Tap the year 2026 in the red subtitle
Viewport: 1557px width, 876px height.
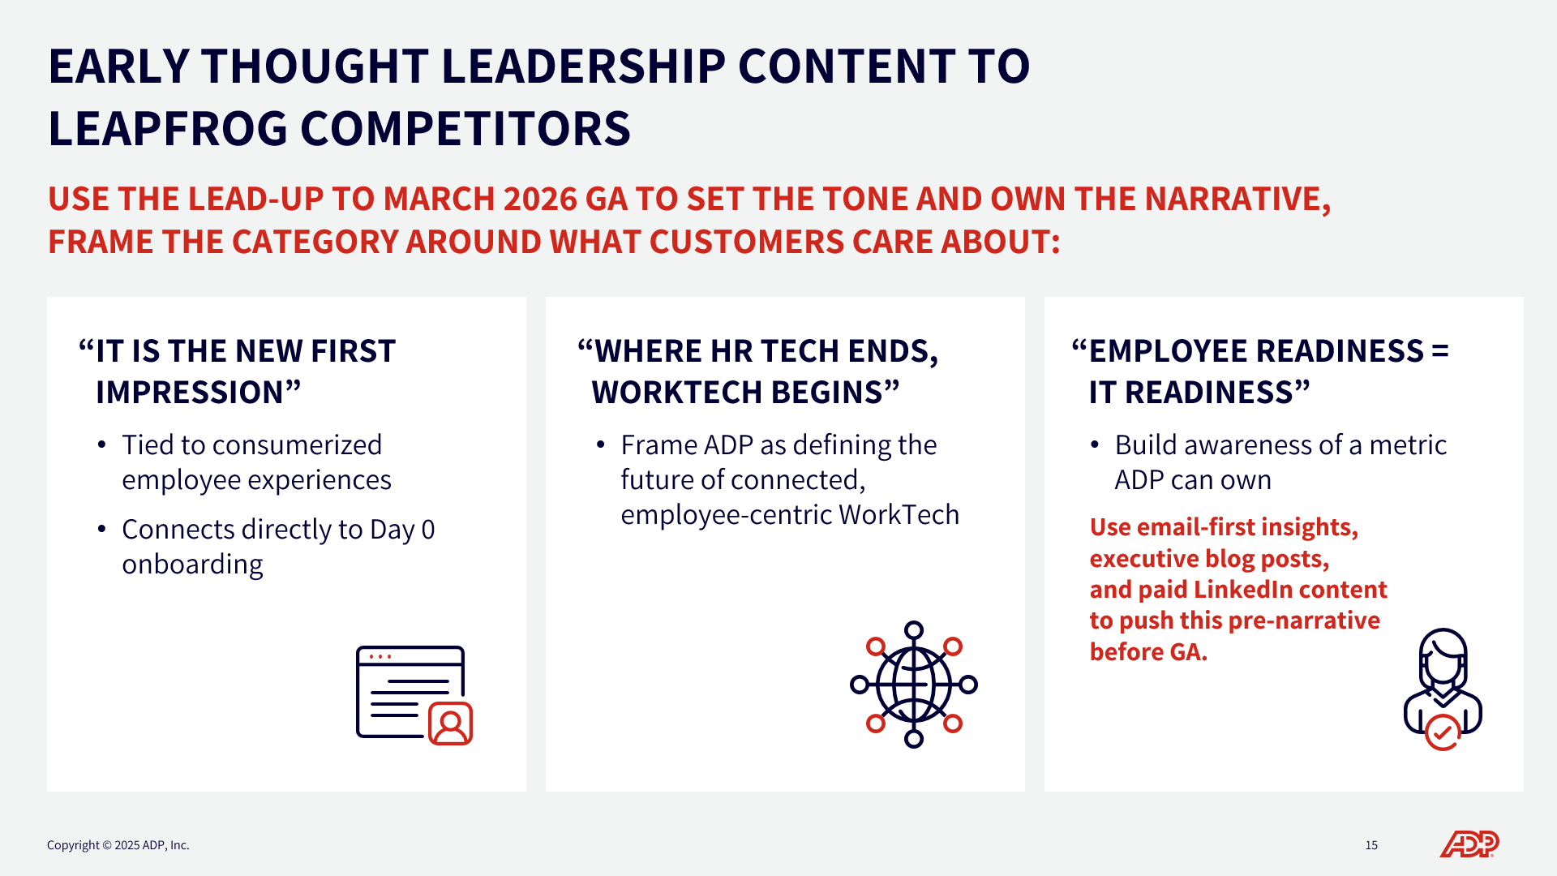pyautogui.click(x=539, y=199)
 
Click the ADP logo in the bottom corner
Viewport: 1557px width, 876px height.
pyautogui.click(x=1469, y=844)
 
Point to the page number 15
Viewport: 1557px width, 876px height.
pyautogui.click(x=1371, y=845)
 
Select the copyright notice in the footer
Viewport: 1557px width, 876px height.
pyautogui.click(x=118, y=845)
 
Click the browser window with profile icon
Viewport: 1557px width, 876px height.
pyautogui.click(x=414, y=695)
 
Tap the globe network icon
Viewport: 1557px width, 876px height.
pyautogui.click(x=914, y=685)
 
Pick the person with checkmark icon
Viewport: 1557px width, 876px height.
pyautogui.click(x=1443, y=689)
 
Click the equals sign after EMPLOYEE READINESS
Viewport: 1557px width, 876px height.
pyautogui.click(x=1440, y=351)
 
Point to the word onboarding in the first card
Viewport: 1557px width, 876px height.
pyautogui.click(x=193, y=565)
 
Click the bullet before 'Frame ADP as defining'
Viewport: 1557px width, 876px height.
pyautogui.click(x=600, y=445)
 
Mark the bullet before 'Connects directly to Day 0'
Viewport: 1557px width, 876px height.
pyautogui.click(x=101, y=530)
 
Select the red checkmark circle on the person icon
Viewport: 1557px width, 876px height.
pyautogui.click(x=1443, y=732)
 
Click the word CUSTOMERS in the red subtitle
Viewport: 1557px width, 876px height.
pyautogui.click(x=736, y=242)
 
